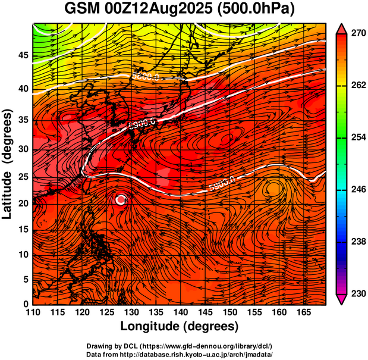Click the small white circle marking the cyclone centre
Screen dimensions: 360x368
click(x=121, y=200)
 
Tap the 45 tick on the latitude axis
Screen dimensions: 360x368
click(x=23, y=55)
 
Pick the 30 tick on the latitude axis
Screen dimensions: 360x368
click(x=23, y=149)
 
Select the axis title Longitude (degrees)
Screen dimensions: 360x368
click(x=180, y=326)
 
